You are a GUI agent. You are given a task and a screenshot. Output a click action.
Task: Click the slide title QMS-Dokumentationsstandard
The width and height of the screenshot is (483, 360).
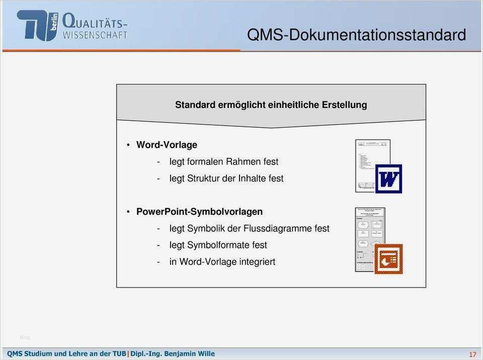[356, 35]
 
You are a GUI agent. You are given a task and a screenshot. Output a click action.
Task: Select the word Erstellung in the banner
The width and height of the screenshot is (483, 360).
[344, 105]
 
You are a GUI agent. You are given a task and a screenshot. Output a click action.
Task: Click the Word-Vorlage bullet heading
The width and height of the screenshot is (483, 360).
[167, 145]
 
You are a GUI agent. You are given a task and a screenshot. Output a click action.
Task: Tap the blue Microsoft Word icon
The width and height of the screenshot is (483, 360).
[388, 178]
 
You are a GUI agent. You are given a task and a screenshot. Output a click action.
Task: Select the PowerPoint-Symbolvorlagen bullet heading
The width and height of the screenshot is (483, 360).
[199, 212]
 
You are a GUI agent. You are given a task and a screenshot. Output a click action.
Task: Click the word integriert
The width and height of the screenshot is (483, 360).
[257, 261]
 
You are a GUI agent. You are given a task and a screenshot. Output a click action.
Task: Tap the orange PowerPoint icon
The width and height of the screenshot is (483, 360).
[388, 259]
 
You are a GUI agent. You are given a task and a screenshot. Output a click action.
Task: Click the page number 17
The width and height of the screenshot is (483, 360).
[472, 354]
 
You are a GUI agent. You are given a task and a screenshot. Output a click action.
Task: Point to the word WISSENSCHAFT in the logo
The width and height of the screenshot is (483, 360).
[95, 35]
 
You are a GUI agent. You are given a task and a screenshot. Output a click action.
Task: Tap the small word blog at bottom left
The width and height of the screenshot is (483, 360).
[25, 337]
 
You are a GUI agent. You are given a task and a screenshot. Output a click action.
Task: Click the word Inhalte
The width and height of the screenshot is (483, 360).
[253, 178]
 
